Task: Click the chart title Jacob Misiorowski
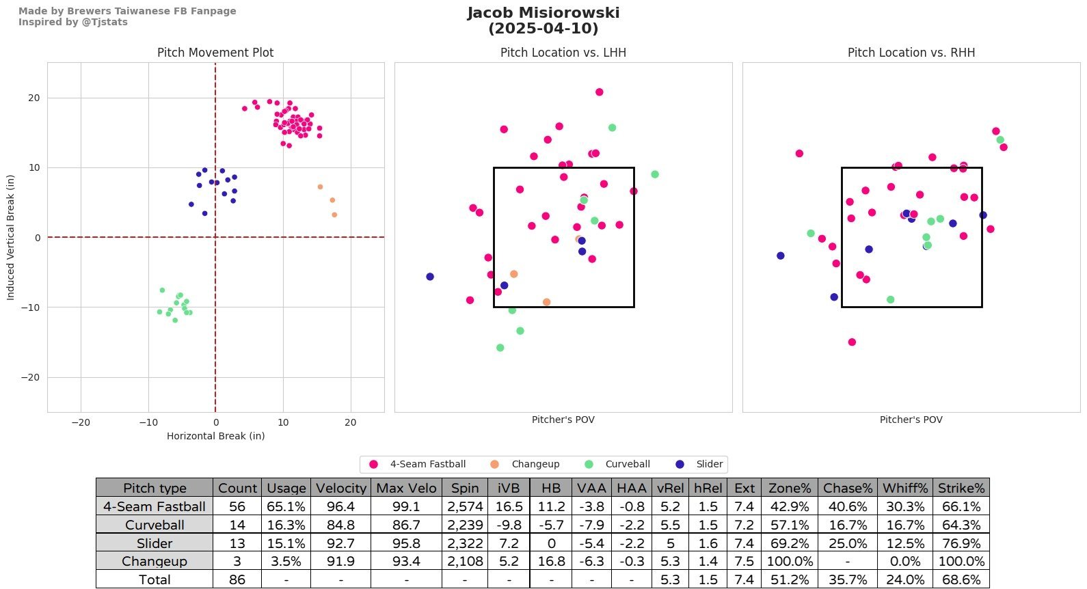(543, 13)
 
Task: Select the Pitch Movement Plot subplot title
(215, 53)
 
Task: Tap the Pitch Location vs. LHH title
(563, 53)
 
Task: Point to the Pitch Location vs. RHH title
(911, 53)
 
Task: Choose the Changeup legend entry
(535, 465)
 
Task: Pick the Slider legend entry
(709, 465)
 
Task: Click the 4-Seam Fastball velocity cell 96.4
(341, 507)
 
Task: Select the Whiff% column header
(905, 488)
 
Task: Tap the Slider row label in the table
(155, 543)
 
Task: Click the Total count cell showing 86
(237, 579)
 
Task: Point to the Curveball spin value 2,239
(464, 525)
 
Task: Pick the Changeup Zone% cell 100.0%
(790, 561)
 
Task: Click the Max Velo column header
(406, 488)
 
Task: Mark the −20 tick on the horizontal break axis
(81, 422)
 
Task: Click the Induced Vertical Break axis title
(10, 237)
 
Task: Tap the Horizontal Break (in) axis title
(215, 436)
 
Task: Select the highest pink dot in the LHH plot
(599, 92)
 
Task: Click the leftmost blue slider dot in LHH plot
(430, 277)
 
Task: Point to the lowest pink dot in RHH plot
(852, 342)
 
